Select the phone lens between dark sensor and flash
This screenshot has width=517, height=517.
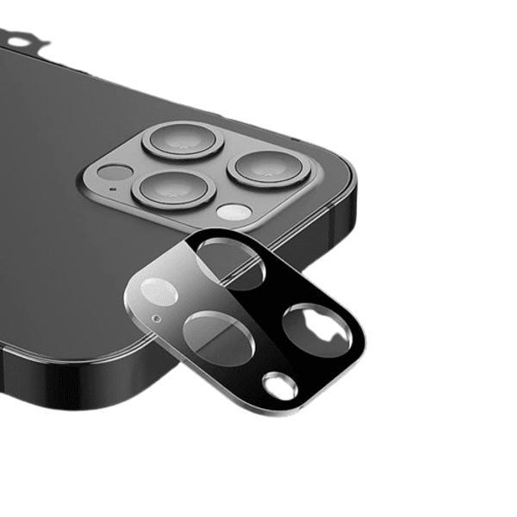[x=175, y=189]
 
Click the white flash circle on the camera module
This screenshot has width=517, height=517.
[x=234, y=212]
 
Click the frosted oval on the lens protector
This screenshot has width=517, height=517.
[x=159, y=292]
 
